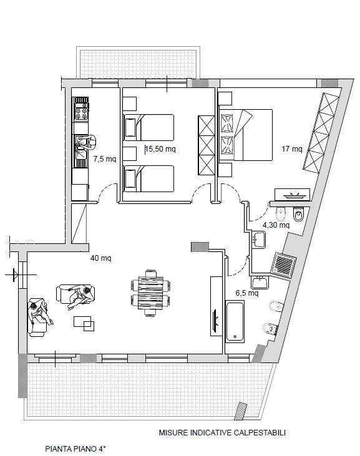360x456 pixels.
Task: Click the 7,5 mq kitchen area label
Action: click(x=105, y=159)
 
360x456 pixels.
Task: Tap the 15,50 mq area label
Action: click(x=160, y=149)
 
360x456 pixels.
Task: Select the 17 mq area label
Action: click(x=292, y=149)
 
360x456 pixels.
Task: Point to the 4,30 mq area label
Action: click(x=276, y=225)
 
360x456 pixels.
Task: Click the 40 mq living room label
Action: click(x=101, y=258)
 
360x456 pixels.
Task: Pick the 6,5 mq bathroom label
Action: click(x=247, y=293)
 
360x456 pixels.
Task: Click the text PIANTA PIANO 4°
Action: click(x=75, y=449)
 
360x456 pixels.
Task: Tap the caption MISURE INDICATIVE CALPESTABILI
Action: click(x=222, y=433)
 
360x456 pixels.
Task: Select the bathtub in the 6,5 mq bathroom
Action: click(x=235, y=321)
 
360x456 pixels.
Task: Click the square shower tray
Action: click(x=284, y=263)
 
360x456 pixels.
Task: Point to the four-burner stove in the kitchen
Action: click(x=82, y=112)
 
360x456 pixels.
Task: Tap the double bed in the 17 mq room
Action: click(x=246, y=135)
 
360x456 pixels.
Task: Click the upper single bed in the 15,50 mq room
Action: click(x=149, y=127)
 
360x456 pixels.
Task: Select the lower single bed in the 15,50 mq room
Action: click(x=149, y=178)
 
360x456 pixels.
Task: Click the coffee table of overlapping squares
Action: click(x=84, y=324)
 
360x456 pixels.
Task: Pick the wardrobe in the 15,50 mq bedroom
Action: click(x=207, y=145)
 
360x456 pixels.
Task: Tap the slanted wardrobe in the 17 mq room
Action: click(x=321, y=133)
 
